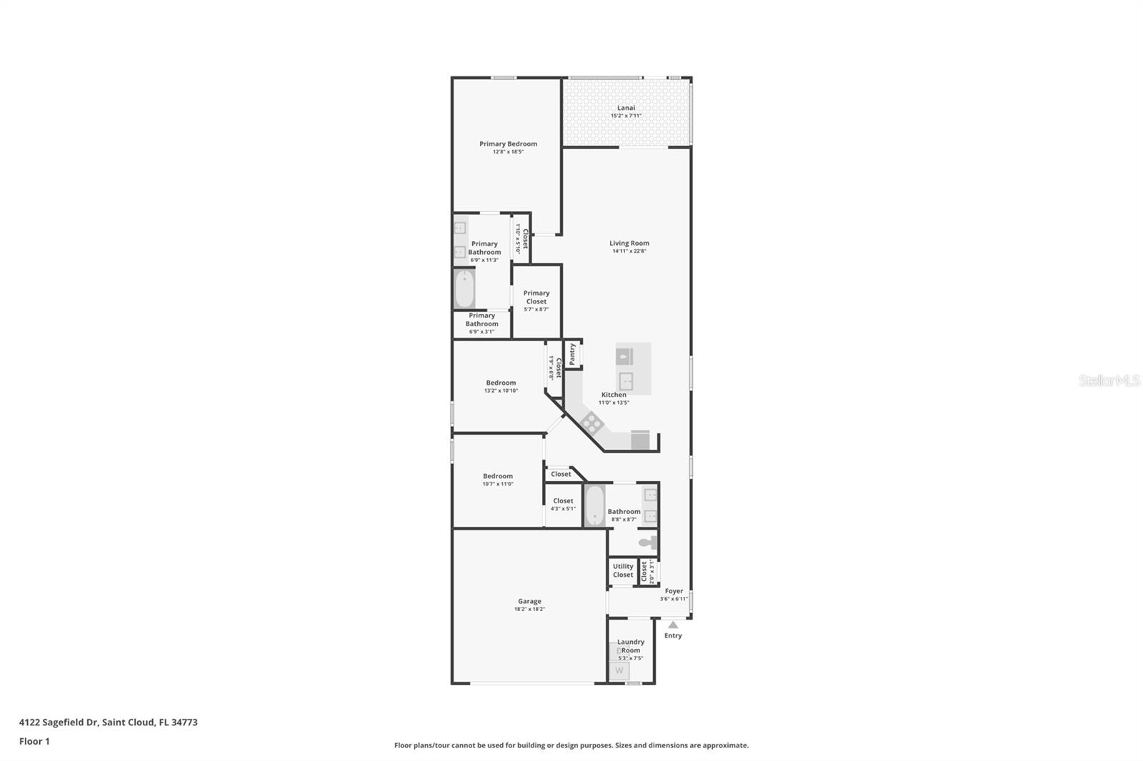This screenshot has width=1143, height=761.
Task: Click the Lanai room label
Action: pyautogui.click(x=626, y=108)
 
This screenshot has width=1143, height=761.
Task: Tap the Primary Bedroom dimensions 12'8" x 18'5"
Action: pyautogui.click(x=508, y=152)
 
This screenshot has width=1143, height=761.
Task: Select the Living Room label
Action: pyautogui.click(x=629, y=243)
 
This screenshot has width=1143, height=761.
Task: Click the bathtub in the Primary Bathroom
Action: pyautogui.click(x=465, y=289)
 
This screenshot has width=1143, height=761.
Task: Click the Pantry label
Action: pyautogui.click(x=572, y=354)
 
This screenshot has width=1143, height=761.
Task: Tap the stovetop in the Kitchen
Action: pyautogui.click(x=592, y=423)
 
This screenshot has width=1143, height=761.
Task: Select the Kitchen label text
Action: pyautogui.click(x=614, y=395)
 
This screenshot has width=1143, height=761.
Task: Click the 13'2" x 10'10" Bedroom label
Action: pyautogui.click(x=501, y=383)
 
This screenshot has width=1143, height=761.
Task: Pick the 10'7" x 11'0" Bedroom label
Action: pyautogui.click(x=497, y=476)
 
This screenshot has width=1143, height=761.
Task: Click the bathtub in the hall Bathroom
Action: pyautogui.click(x=594, y=505)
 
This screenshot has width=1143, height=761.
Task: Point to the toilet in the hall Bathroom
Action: pyautogui.click(x=649, y=543)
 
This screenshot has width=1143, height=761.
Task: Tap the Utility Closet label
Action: pyautogui.click(x=623, y=570)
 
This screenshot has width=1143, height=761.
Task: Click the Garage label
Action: pyautogui.click(x=529, y=601)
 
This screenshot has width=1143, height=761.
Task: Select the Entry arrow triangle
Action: pyautogui.click(x=673, y=625)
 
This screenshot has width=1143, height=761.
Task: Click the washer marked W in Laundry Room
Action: pyautogui.click(x=619, y=670)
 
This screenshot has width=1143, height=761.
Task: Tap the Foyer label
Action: pyautogui.click(x=674, y=591)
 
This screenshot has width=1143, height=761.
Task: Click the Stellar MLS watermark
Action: pyautogui.click(x=1109, y=381)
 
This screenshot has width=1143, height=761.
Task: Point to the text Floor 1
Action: pyautogui.click(x=34, y=741)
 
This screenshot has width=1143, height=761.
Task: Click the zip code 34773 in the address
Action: pyautogui.click(x=184, y=722)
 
